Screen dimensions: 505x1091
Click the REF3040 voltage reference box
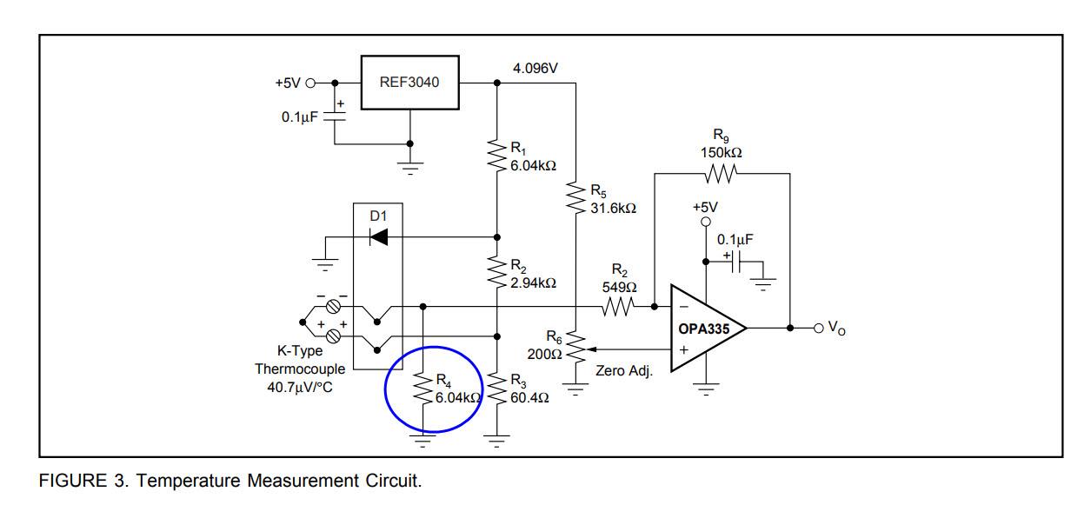409,83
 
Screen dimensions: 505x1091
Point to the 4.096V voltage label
536,68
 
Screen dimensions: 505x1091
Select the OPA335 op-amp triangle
704,329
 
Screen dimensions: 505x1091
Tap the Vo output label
835,328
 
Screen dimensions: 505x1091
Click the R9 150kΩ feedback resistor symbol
721,175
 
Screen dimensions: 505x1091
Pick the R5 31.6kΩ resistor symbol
575,199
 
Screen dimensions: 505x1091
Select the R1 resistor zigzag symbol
496,156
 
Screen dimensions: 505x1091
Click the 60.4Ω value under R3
529,397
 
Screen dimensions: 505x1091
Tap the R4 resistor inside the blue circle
423,389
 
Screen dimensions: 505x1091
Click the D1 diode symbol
378,236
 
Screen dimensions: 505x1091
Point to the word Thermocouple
300,369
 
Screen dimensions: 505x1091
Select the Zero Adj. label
623,370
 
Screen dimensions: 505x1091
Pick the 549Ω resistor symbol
618,306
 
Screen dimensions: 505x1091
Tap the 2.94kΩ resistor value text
533,283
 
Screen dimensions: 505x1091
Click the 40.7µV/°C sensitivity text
300,387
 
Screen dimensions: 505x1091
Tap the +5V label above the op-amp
705,208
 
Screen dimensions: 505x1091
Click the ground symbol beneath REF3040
411,162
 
